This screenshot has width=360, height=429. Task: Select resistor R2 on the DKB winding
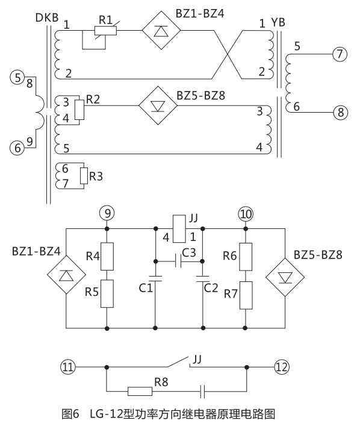[78, 108]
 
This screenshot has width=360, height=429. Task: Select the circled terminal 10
[246, 213]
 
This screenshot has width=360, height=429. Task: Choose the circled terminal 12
[282, 366]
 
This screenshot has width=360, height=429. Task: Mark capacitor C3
[179, 261]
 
